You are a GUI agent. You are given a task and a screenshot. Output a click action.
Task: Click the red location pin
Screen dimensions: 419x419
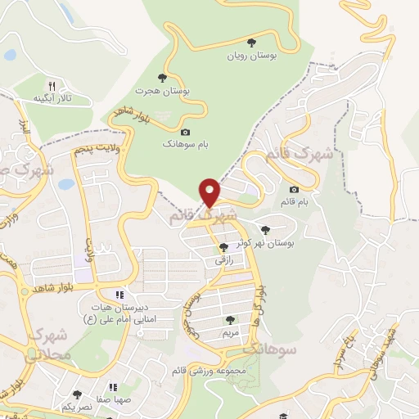tap(210, 192)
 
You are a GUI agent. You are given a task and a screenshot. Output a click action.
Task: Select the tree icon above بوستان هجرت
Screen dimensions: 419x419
tap(162, 78)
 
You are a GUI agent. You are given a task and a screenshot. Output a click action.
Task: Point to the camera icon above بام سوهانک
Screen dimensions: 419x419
tap(185, 132)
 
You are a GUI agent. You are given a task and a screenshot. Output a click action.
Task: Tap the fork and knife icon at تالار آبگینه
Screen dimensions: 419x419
tap(52, 85)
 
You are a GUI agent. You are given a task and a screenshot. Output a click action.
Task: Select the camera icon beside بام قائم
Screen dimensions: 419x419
tap(295, 190)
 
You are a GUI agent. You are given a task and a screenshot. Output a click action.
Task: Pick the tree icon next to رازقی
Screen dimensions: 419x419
tap(224, 248)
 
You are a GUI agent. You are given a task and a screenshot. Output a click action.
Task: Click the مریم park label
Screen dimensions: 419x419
tap(230, 334)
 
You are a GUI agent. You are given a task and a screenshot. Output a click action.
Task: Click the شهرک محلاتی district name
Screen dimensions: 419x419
tap(43, 345)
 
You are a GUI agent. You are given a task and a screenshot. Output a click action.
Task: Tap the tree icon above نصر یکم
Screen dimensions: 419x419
tap(77, 394)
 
